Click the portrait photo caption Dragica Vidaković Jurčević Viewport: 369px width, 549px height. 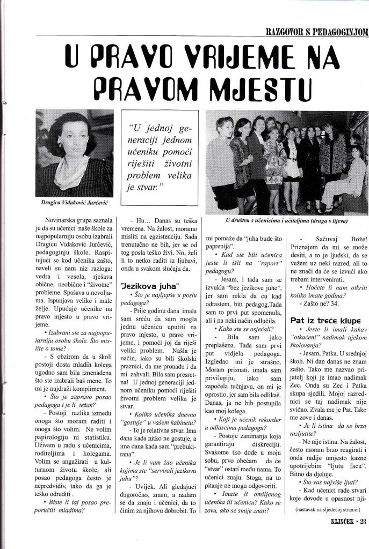(x=75, y=204)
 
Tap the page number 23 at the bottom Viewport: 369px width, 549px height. (x=363, y=534)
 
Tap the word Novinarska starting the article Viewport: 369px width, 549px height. (x=68, y=220)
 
